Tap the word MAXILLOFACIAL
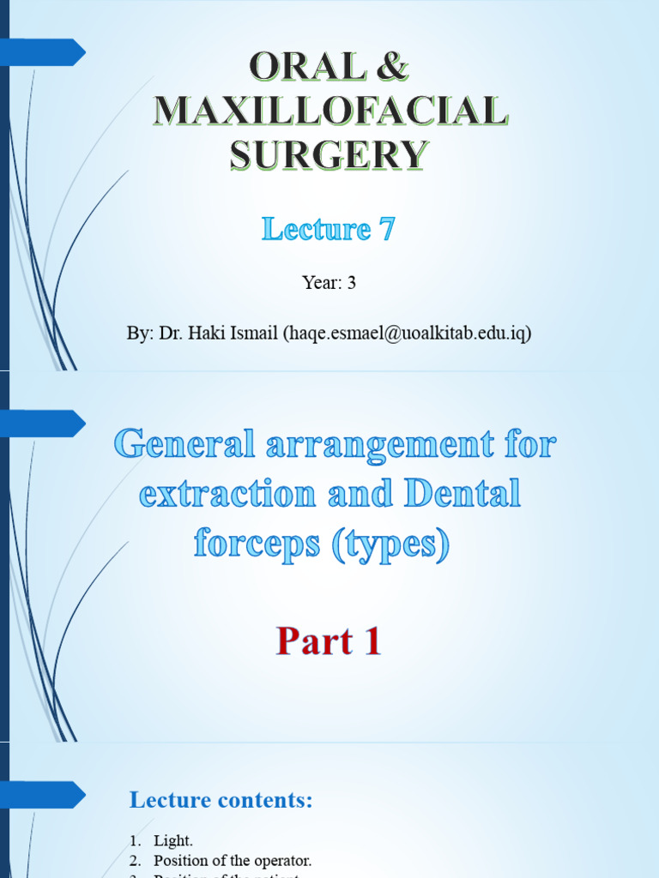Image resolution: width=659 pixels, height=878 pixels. click(x=329, y=111)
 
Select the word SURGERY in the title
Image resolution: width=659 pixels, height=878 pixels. click(x=329, y=155)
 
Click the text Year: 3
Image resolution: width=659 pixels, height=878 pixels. click(x=329, y=282)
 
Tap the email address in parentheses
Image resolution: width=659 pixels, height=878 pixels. click(x=407, y=334)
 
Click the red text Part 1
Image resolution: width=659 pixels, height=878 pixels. click(x=329, y=642)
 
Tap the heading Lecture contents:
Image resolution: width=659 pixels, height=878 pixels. click(x=221, y=801)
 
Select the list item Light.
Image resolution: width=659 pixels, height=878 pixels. click(x=173, y=841)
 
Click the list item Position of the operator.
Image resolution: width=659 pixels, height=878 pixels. click(x=233, y=860)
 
